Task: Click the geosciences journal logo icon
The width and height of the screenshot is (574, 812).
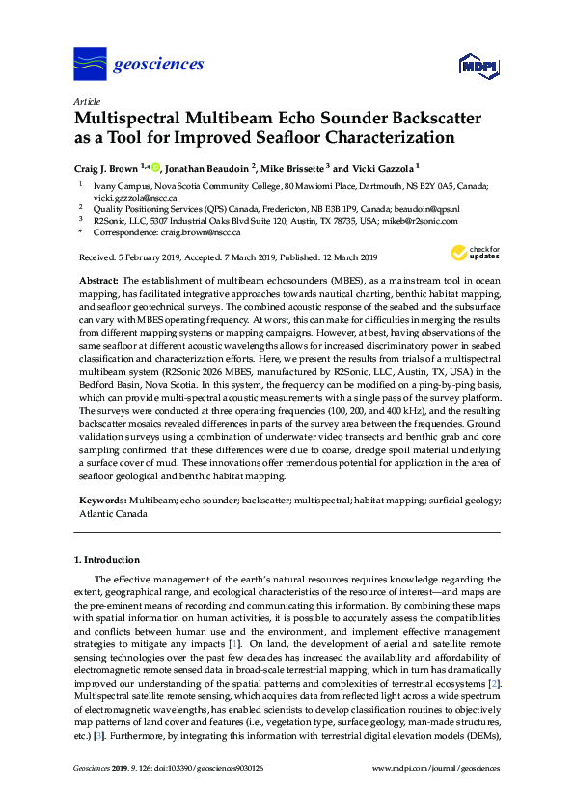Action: tap(90, 65)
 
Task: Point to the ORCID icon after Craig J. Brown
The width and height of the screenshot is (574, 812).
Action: tap(154, 166)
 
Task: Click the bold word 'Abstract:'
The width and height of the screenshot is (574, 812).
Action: tap(97, 279)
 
